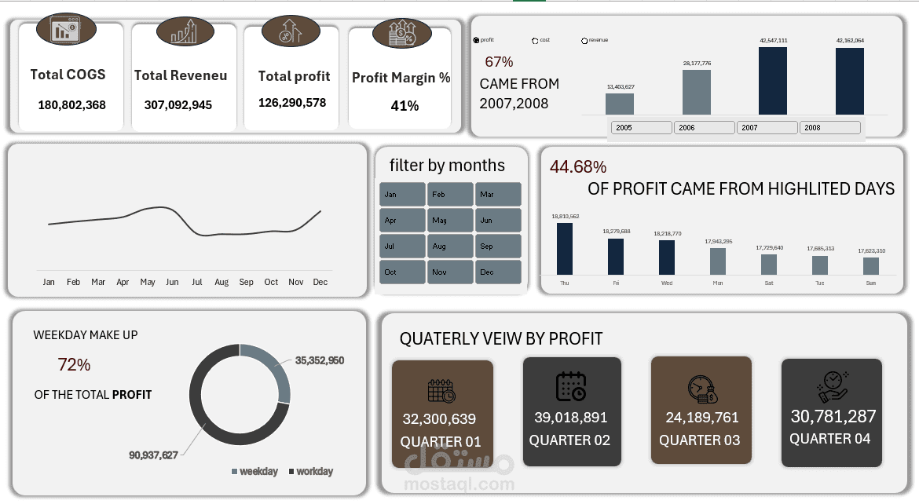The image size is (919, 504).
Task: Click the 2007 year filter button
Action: coord(767,127)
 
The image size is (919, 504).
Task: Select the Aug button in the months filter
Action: coord(450,246)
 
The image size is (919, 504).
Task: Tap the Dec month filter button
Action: coord(498,272)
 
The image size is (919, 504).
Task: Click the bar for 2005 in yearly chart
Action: coord(619,104)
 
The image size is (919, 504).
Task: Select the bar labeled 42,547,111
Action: coord(772,81)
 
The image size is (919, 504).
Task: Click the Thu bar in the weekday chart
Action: coord(564,249)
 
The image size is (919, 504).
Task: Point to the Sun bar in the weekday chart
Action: coord(870,266)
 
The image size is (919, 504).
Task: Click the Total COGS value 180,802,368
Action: coord(71,104)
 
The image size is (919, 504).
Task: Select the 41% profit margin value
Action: coord(405,106)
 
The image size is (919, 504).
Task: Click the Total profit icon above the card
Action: coord(290,31)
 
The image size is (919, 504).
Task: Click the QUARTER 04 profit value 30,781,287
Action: coord(833,416)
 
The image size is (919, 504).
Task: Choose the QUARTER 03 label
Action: coord(699,440)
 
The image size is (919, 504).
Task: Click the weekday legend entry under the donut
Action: coord(254,471)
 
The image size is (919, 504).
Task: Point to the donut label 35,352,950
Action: coord(319,361)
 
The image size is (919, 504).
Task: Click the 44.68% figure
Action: coord(577,166)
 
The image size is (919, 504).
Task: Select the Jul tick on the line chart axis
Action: coord(196,282)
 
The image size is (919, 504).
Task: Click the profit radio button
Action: coord(477,40)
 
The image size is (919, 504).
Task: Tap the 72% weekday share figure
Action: coord(74,365)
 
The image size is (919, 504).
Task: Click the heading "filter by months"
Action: coord(447,166)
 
